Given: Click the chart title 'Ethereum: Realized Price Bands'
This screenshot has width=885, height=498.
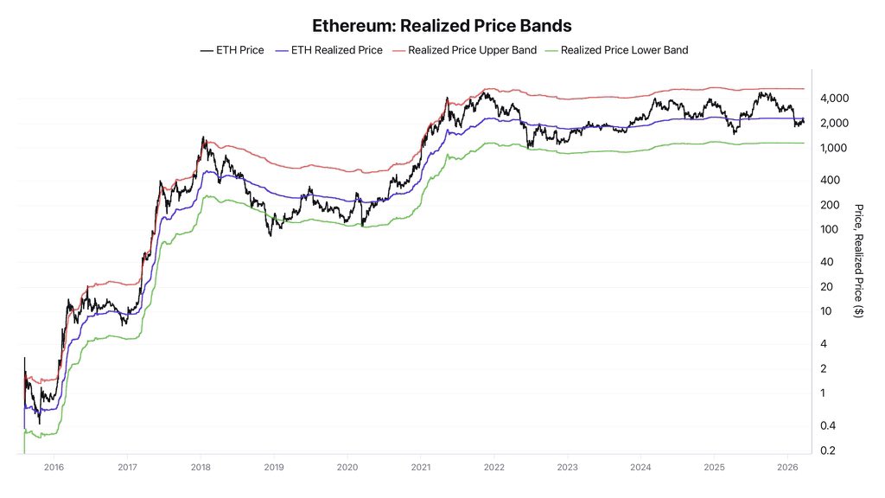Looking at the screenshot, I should coord(442,26).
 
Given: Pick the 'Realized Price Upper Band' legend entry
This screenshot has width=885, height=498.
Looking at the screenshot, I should coord(465,50).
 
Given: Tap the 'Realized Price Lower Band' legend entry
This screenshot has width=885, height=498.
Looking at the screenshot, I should coord(617,50).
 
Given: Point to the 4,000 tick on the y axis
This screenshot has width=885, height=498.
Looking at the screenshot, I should coord(834,99).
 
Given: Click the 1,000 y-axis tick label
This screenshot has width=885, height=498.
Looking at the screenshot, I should coord(834,148).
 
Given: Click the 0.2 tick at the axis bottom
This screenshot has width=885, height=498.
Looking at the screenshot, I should coord(828,450).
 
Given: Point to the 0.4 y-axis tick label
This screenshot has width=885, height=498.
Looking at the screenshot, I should coord(828,425).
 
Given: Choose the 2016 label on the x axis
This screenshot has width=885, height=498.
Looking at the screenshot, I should coord(53,466).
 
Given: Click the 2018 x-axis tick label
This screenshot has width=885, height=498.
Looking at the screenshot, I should coord(200,466).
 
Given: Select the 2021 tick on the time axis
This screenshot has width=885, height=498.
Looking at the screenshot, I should coord(420,466).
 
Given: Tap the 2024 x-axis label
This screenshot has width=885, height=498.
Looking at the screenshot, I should coord(640,466).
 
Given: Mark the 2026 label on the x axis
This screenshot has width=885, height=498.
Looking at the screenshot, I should coord(787,466).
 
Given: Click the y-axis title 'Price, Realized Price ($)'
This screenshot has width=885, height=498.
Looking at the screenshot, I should coord(858,260).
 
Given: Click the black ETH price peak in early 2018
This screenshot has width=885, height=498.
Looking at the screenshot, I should coord(203,137).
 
